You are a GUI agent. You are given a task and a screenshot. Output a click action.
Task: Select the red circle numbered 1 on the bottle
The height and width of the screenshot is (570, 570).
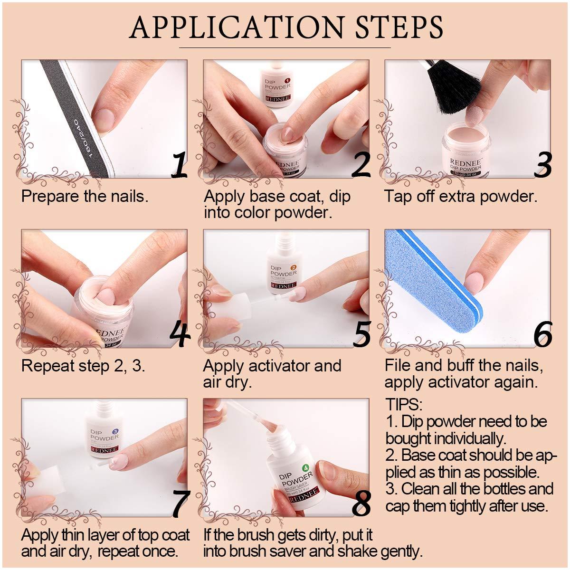286,81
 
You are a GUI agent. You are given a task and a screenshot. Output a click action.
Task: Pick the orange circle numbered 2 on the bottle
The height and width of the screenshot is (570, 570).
293,267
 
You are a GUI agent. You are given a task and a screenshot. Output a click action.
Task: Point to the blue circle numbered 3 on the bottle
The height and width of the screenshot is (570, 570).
114,431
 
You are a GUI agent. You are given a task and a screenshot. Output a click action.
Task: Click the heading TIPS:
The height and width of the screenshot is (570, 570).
404,405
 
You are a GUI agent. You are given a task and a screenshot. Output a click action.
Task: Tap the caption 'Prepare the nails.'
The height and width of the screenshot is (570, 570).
85,196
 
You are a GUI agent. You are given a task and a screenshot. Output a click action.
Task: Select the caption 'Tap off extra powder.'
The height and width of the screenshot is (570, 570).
460,196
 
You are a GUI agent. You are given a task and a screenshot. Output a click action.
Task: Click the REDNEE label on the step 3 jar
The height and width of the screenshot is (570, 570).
465,162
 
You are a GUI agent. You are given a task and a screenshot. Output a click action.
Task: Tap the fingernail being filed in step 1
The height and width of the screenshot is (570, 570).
105,115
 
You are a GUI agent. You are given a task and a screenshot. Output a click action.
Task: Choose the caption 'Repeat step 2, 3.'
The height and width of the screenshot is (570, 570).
83,366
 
